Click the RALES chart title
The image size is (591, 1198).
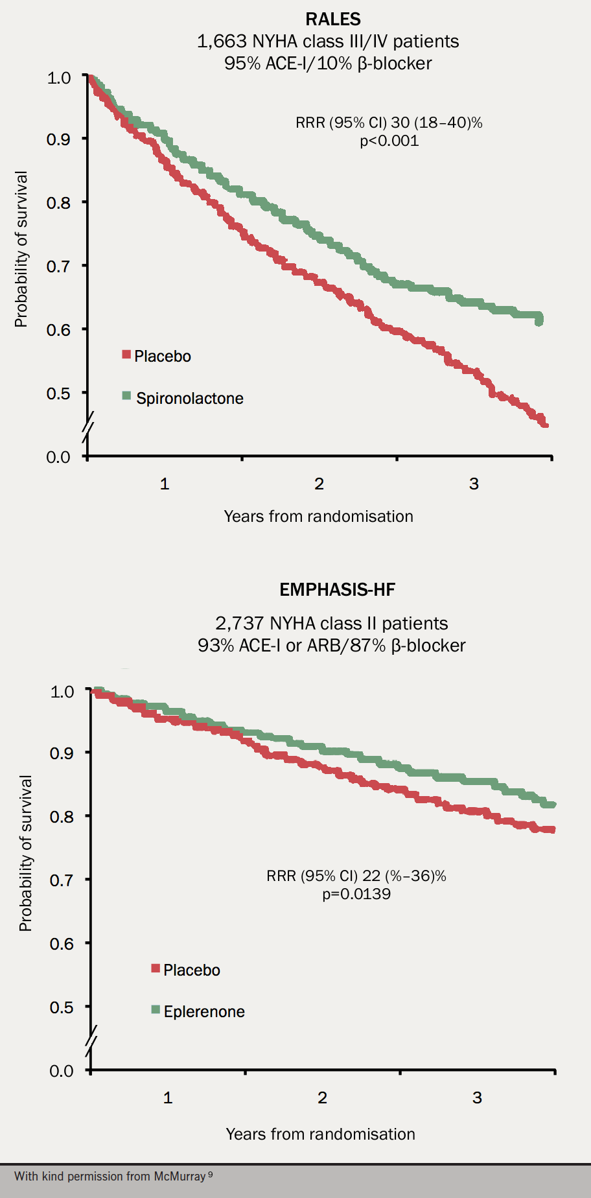pos(333,19)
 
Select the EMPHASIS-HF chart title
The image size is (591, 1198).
pos(337,589)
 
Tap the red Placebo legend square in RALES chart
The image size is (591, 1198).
pos(127,355)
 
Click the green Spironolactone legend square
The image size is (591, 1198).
pos(127,395)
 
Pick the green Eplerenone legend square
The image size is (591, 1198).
pos(156,1009)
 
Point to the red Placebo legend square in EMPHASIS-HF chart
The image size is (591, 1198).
pos(156,969)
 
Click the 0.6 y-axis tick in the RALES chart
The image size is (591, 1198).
pos(58,330)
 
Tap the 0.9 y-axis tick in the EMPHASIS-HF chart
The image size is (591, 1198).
pos(62,753)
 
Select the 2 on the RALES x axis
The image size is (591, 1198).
pos(319,484)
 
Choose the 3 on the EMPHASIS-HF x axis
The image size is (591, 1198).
pos(477,1098)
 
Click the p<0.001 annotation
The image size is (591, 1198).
pos(389,141)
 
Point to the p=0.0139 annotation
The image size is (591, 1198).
pos(356,894)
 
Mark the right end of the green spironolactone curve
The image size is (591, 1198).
pos(539,320)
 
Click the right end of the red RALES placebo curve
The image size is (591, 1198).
pos(546,425)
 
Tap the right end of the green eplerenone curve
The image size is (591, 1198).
pos(553,805)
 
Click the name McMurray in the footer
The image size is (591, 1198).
pos(180,1176)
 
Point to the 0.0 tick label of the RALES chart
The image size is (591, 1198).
pos(58,457)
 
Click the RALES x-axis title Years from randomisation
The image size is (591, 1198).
pos(318,516)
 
